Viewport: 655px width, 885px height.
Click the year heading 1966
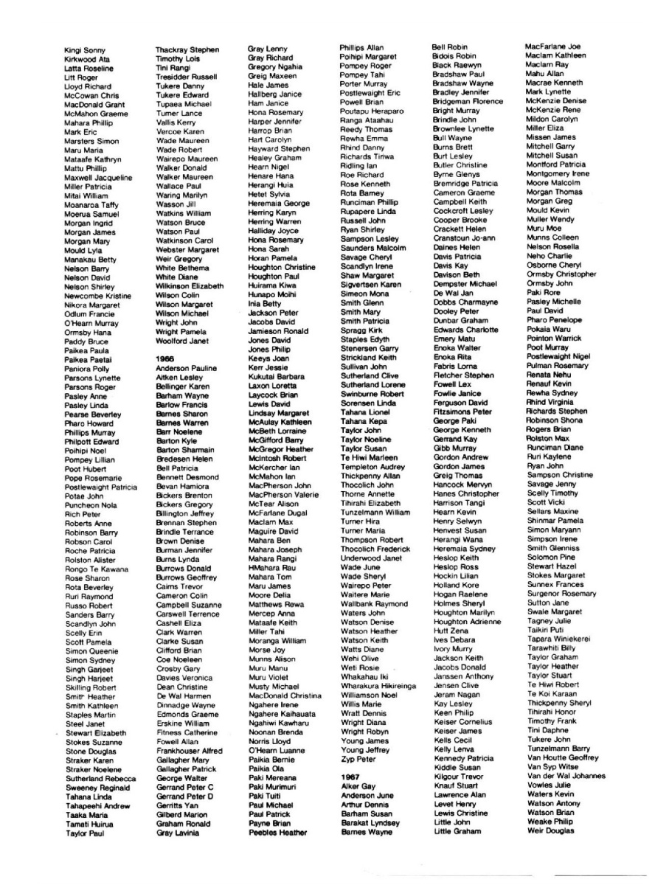click(164, 358)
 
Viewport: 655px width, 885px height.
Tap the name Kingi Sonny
click(86, 51)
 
